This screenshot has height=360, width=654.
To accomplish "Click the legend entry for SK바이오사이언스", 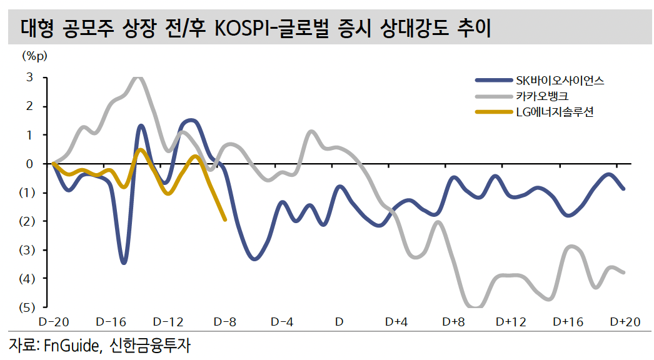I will coord(560,80).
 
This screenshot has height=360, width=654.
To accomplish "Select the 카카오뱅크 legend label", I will coord(542,96).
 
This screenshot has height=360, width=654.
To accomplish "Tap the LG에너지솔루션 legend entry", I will coord(553,112).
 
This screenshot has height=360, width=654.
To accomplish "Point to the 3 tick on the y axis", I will coord(29,77).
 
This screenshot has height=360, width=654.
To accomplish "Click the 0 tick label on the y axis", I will coord(29,164).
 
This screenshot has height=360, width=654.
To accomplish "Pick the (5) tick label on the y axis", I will coord(26,307).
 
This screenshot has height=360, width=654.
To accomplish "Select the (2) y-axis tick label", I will coord(26,221).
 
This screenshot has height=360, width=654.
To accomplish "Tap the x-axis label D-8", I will coord(224,322).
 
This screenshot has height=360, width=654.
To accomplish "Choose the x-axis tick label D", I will coord(339,322).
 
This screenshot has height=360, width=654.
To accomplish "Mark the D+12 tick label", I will coord(511,322).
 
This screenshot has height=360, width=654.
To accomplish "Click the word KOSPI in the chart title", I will coord(246,29).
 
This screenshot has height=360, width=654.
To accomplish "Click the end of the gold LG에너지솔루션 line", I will coord(225,219).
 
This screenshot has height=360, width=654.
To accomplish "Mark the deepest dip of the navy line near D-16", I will coord(124,262).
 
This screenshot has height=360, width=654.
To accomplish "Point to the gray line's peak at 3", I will coord(138,77).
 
